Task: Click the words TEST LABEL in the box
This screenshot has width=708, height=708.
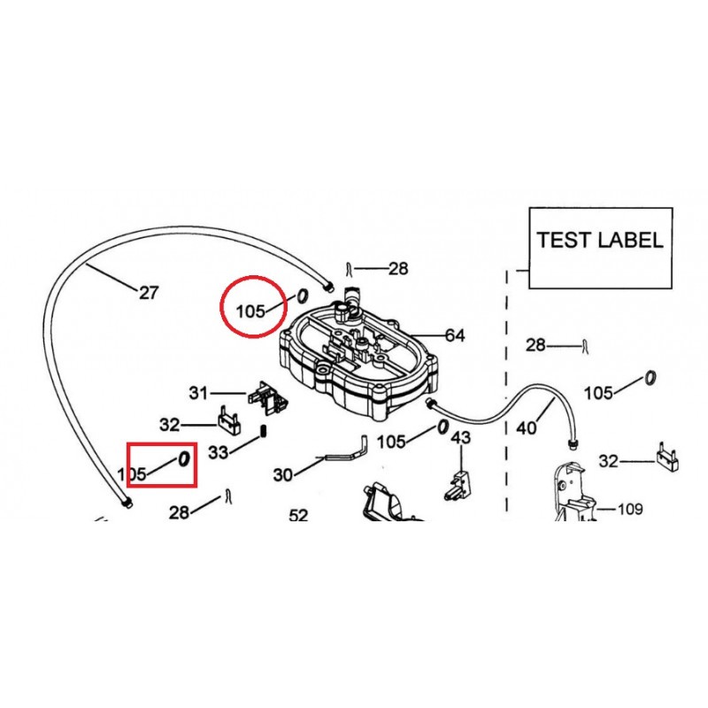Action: coord(599,240)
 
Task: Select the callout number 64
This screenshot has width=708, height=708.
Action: coord(455,335)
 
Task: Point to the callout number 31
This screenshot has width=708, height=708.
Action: coord(198,392)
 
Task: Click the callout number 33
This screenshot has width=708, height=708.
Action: coord(219,452)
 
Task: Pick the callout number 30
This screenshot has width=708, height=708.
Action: coord(282,475)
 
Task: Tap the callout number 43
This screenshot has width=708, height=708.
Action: coord(461,438)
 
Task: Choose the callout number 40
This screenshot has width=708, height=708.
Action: coord(526,428)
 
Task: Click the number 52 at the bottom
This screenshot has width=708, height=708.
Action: coord(298,515)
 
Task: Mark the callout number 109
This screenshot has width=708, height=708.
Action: coord(630,509)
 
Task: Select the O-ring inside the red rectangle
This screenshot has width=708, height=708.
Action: coord(183,458)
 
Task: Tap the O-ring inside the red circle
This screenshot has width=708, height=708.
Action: coord(301,295)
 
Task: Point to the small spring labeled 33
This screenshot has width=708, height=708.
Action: coord(263,432)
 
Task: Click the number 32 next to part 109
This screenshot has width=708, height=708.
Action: coord(607,460)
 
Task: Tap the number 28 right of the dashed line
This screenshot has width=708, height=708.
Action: coord(536,345)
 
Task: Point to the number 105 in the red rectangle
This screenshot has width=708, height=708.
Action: coord(132,473)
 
